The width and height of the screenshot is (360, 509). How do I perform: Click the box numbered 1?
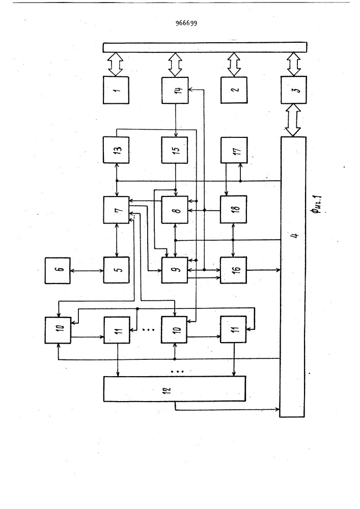[x=116, y=90]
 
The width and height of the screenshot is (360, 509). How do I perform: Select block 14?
[x=175, y=90]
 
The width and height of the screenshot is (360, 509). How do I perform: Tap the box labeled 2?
[x=234, y=90]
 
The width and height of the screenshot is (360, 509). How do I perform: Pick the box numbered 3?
[x=293, y=90]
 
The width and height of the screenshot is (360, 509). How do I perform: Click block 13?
[x=116, y=150]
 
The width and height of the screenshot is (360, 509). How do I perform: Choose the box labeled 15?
[x=175, y=150]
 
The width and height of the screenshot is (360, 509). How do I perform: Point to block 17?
[x=234, y=150]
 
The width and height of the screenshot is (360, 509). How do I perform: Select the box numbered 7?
[x=116, y=210]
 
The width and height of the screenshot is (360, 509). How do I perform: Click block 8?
[x=175, y=210]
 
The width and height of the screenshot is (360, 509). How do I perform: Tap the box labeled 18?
[x=233, y=209]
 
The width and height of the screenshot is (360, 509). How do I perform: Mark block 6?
[x=58, y=270]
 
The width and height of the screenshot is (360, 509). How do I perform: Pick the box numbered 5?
[x=116, y=270]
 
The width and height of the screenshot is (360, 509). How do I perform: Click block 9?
[x=175, y=270]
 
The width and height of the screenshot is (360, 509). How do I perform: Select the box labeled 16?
[x=233, y=270]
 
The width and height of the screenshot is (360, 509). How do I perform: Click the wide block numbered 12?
[x=175, y=389]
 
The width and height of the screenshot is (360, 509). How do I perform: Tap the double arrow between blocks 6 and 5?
[x=87, y=270]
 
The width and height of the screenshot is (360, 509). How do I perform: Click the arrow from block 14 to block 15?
[x=176, y=120]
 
